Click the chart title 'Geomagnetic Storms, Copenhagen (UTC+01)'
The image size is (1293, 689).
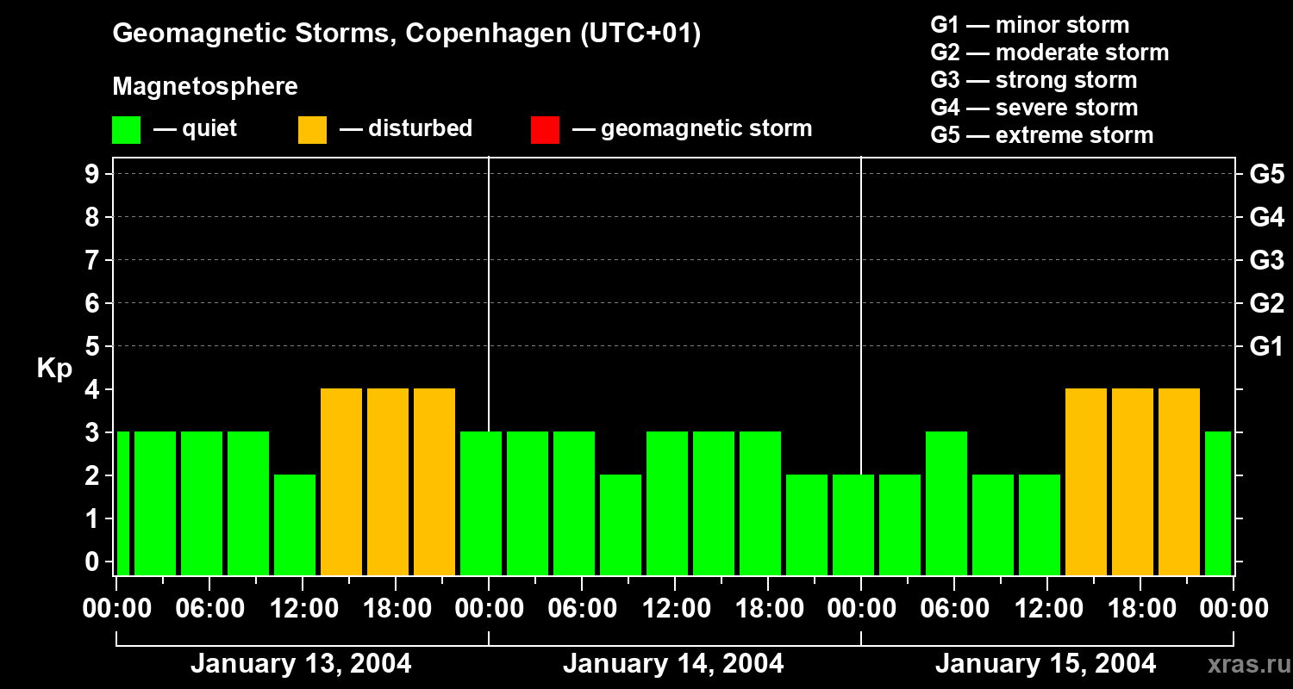tap(406, 34)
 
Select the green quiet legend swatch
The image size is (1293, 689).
tap(126, 129)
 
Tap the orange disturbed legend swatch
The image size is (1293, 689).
tap(312, 129)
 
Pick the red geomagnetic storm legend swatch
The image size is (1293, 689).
tap(545, 129)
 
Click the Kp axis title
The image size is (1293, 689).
tap(54, 369)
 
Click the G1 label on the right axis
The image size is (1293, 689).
tap(1266, 346)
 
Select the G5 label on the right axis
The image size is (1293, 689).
tap(1266, 174)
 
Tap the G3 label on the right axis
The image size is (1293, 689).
tap(1266, 260)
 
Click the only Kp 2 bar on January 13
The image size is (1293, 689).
tap(295, 525)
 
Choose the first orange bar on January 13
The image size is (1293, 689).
tap(341, 481)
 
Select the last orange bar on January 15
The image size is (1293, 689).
tap(1179, 481)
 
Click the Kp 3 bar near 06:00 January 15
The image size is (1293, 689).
tap(946, 503)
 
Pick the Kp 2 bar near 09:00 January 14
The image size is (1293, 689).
tap(621, 525)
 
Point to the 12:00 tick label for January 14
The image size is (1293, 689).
tap(675, 609)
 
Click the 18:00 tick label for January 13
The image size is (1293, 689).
tap(396, 609)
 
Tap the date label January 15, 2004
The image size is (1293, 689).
tap(1046, 664)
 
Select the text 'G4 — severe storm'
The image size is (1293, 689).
tap(1034, 108)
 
